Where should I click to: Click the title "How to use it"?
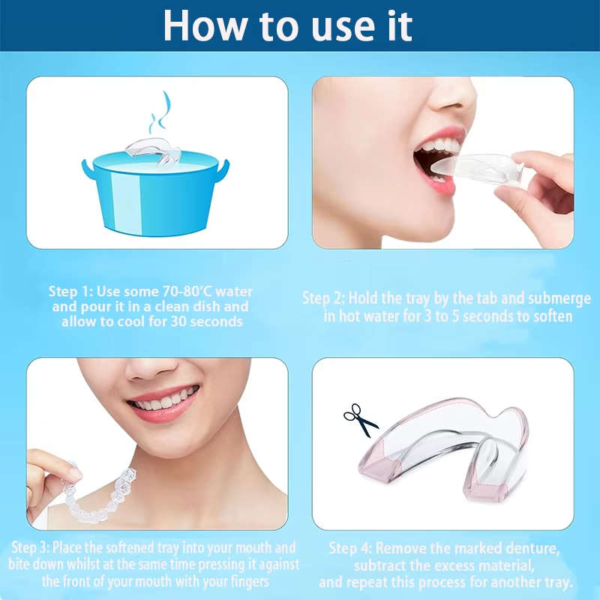[x=287, y=25]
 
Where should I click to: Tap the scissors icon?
[x=361, y=420]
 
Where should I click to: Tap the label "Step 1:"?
[x=73, y=291]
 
